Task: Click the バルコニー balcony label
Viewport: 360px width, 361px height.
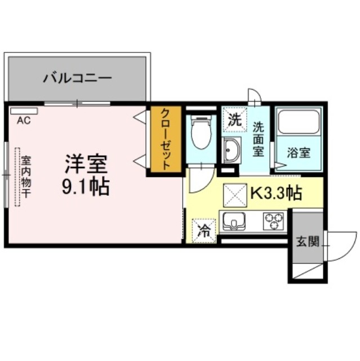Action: [78, 78]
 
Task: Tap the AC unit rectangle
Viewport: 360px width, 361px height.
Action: [24, 111]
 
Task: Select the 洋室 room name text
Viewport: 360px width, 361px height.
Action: [86, 164]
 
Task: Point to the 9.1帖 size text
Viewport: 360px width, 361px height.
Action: [86, 186]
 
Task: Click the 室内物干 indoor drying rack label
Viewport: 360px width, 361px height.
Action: [26, 177]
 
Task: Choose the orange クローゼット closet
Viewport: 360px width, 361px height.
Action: [166, 139]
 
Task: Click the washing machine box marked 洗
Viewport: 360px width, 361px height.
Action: [234, 120]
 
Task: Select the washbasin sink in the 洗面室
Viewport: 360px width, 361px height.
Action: [232, 150]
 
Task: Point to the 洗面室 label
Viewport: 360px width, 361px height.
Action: [259, 139]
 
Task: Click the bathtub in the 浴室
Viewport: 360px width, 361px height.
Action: [299, 121]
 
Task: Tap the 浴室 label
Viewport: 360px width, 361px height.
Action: [299, 152]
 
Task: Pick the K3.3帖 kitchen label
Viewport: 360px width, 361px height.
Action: [275, 193]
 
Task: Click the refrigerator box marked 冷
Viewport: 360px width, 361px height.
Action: [204, 231]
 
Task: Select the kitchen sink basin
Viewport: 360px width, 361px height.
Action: [234, 221]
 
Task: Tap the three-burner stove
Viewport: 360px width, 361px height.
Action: [274, 221]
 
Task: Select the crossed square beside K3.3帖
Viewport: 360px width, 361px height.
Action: [234, 195]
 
